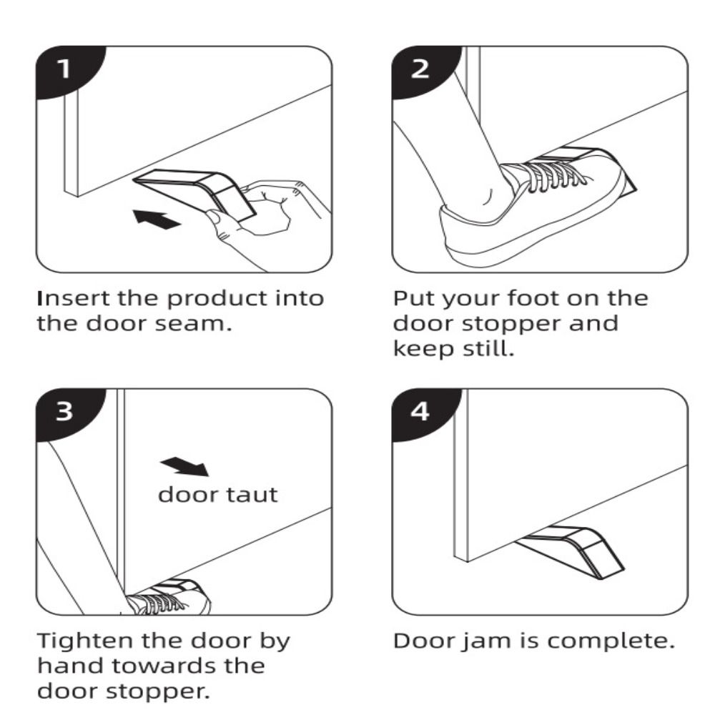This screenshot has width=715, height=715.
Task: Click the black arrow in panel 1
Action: click(157, 220)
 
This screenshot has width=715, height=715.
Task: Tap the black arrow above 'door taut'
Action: click(184, 466)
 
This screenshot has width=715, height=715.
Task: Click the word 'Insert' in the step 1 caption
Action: click(74, 298)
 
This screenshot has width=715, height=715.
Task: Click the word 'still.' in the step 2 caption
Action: click(488, 349)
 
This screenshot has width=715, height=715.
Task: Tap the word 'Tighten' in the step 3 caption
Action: click(85, 642)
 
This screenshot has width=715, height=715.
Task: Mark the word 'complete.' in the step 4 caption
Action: click(611, 642)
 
